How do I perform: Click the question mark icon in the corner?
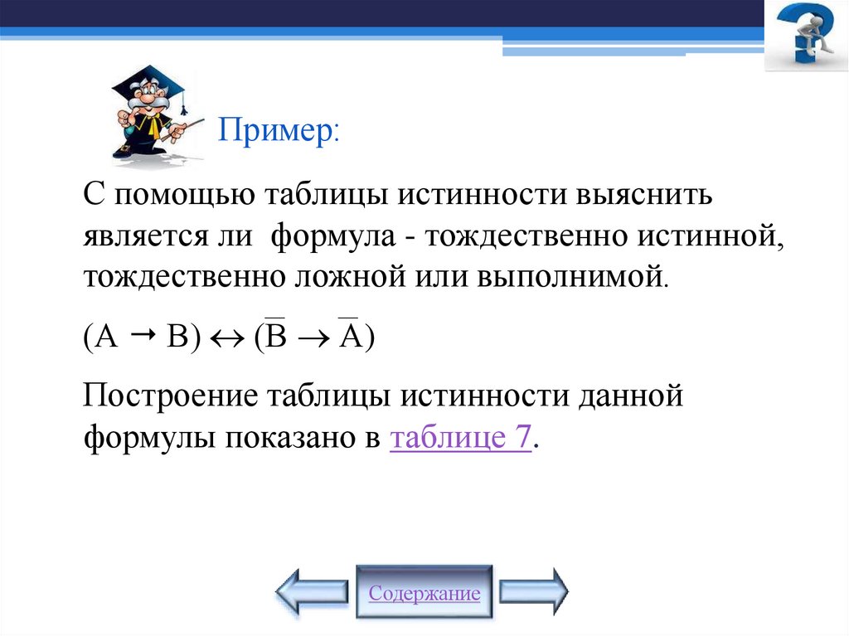[x=805, y=37]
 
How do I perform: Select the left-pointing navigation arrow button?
[x=311, y=591]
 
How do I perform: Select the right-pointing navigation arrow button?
[x=533, y=591]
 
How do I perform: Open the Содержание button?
[x=424, y=594]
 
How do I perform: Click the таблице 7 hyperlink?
[x=460, y=437]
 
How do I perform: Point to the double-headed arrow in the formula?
[x=226, y=338]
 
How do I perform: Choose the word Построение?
[x=169, y=396]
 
